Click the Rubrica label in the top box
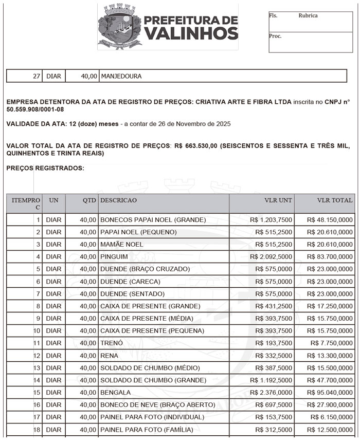coord(308,15)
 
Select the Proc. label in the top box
coord(275,36)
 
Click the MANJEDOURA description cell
coord(121,76)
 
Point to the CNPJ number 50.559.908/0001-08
coord(35,109)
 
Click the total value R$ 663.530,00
coord(196,146)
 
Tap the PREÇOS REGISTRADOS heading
coord(45,168)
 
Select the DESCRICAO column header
coord(119,200)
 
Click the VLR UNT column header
coord(278,200)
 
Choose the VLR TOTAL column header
coord(335,200)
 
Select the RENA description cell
coord(109,356)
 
